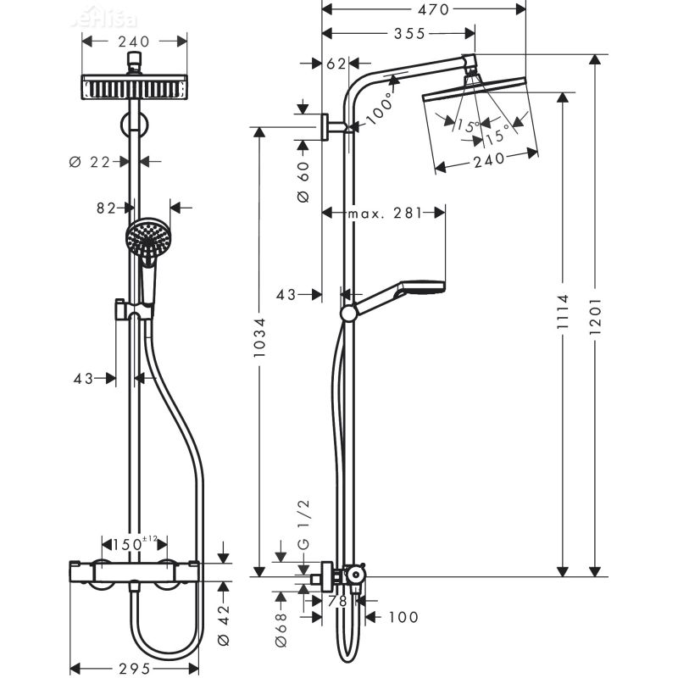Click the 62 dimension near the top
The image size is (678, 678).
click(336, 64)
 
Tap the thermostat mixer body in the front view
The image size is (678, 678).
click(134, 573)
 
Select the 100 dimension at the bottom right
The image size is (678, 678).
click(403, 617)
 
